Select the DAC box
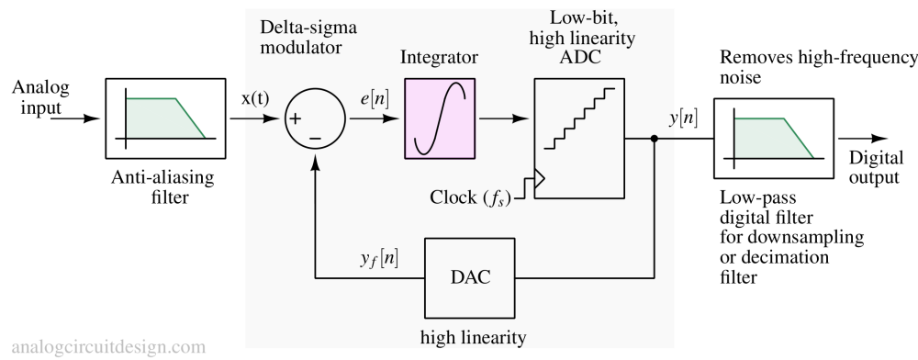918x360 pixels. (470, 276)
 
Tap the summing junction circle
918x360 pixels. (315, 119)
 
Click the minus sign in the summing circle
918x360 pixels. (315, 138)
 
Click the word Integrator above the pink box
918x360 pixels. (440, 58)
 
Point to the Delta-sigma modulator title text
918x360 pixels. (308, 37)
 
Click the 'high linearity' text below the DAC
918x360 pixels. (473, 335)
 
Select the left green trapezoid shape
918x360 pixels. (165, 118)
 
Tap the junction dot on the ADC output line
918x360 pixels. (655, 139)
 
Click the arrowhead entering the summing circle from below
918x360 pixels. (315, 162)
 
